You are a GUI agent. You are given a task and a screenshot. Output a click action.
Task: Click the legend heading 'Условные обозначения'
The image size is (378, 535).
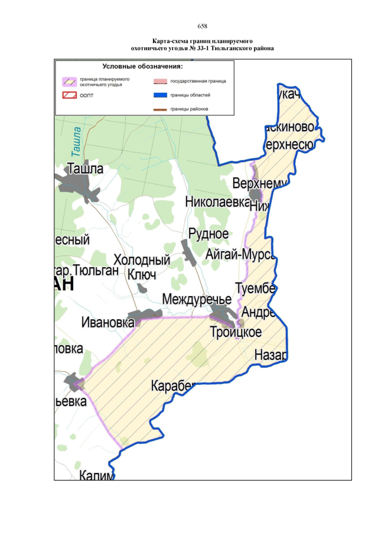[x=142, y=66]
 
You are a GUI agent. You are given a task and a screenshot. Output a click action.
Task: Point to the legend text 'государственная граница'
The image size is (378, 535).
[x=198, y=81]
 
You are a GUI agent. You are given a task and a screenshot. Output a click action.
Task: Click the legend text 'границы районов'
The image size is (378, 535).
[x=188, y=109]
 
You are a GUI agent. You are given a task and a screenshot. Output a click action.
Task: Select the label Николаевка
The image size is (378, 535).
[x=217, y=202]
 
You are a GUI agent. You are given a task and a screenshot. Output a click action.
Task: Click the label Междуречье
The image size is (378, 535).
[x=197, y=298]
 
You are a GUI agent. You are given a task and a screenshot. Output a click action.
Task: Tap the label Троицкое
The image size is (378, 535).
[x=236, y=332]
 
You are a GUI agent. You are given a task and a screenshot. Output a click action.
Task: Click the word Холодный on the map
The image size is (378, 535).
[x=142, y=260]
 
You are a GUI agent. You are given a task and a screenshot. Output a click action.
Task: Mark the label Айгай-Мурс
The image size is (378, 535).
[x=241, y=255]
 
